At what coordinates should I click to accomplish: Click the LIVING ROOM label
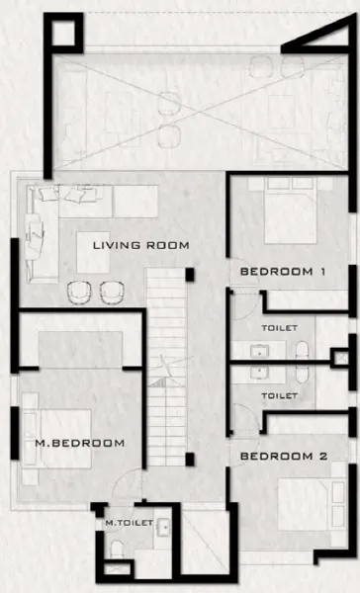point(140,244)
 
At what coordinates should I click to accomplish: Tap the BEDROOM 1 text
point(283,271)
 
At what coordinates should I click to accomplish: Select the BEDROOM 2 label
point(283,457)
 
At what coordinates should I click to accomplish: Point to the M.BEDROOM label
point(81,443)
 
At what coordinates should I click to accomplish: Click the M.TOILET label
point(124,525)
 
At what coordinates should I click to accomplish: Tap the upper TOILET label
point(279,326)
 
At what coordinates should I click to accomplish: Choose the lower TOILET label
point(279,395)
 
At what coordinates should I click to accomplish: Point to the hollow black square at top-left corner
point(61,35)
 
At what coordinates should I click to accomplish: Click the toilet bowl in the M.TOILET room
point(117,550)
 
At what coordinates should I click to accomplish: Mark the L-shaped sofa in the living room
point(40,232)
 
